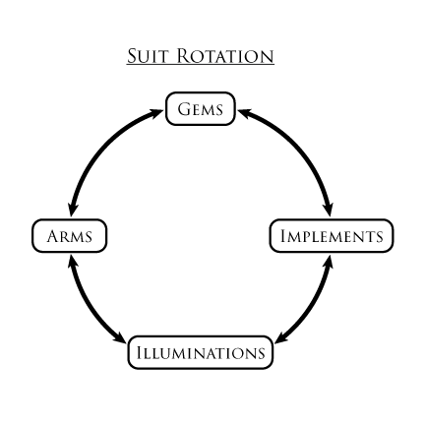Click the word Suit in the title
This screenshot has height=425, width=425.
click(x=148, y=56)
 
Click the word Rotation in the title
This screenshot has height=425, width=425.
click(x=225, y=56)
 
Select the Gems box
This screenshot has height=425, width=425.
click(x=201, y=109)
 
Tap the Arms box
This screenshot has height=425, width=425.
click(x=70, y=236)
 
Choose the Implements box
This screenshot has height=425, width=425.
click(x=332, y=236)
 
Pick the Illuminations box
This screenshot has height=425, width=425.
click(x=201, y=352)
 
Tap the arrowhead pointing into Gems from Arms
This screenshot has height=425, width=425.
click(x=154, y=113)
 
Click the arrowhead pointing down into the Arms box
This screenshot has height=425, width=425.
click(x=72, y=209)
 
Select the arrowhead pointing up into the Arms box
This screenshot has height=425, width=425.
click(x=72, y=263)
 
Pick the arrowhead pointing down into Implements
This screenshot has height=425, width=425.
click(x=329, y=209)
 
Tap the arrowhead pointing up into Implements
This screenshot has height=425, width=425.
click(x=329, y=263)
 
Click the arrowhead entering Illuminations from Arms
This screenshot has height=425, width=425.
click(x=119, y=337)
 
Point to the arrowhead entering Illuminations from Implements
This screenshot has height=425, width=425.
click(x=282, y=337)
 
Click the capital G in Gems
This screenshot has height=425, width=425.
click(x=184, y=109)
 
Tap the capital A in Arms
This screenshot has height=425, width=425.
click(x=53, y=236)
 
